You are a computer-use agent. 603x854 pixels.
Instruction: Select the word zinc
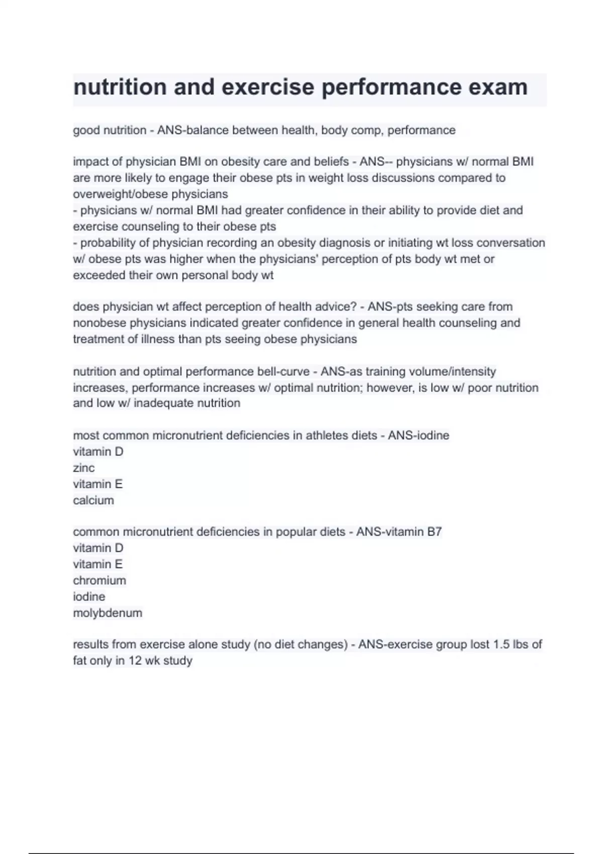tap(84, 468)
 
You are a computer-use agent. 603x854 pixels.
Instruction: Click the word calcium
tap(93, 500)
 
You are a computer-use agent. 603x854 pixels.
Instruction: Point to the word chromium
tap(99, 581)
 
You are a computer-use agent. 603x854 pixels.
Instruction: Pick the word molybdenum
tap(108, 613)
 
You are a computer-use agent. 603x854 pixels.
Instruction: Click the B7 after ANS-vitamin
tap(434, 532)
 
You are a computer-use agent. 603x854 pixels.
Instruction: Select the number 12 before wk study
tap(135, 661)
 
